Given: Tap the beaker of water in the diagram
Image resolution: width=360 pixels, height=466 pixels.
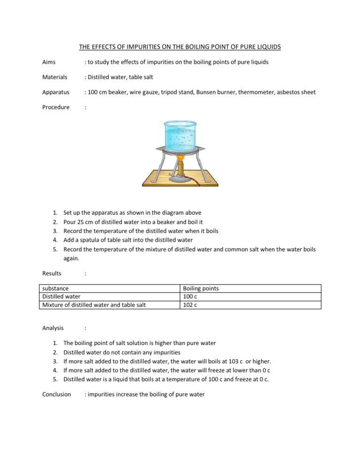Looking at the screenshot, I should tap(180, 134).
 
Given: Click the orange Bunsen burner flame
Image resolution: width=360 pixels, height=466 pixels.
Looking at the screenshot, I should tap(180, 159).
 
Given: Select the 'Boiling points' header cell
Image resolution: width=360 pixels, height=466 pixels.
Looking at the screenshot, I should tap(200, 289).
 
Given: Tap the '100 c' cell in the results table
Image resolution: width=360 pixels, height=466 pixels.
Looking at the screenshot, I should tap(190, 297).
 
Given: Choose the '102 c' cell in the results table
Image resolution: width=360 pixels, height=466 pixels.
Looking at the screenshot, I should tap(190, 305).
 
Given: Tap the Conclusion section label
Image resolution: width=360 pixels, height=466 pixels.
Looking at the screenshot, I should tap(56, 394).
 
